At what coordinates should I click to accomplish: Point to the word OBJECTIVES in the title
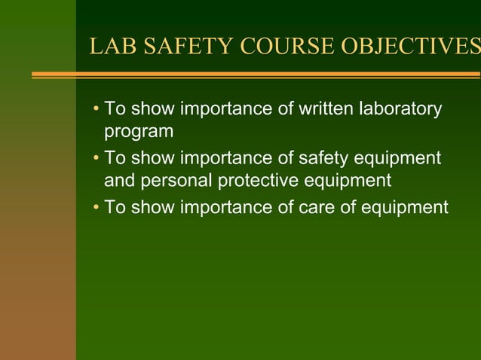tap(408, 47)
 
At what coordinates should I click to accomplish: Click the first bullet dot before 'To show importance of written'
tap(96, 110)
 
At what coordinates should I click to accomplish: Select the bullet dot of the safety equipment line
tap(96, 159)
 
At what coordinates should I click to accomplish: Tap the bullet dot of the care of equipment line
tap(96, 208)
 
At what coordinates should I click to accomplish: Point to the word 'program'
tap(139, 132)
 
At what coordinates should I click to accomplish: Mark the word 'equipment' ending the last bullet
tap(406, 208)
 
